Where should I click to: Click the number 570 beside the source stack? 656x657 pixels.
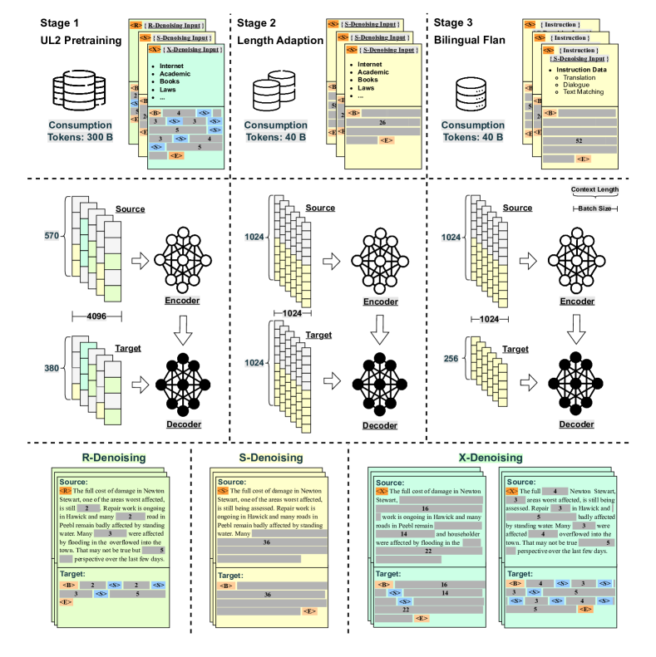[x=52, y=237]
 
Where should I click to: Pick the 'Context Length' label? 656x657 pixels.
[x=597, y=190]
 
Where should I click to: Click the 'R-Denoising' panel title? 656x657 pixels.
[x=114, y=458]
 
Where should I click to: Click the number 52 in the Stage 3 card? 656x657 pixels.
[x=579, y=141]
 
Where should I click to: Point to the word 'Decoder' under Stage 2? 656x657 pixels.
[x=379, y=425]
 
